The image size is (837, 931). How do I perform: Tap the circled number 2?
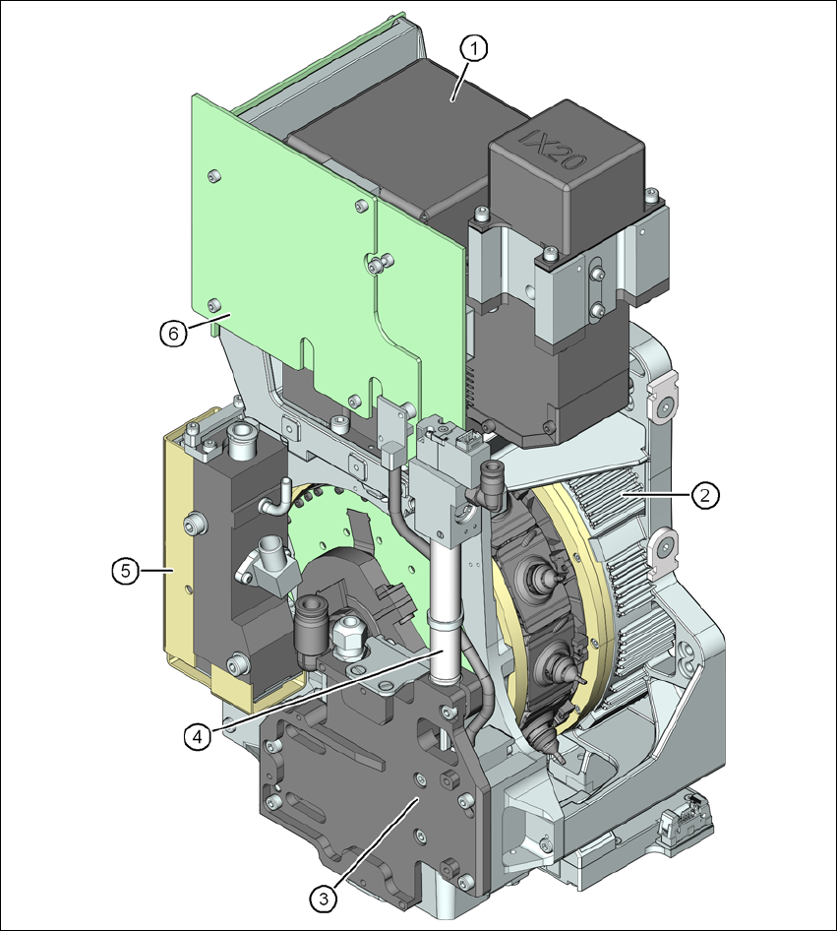tap(704, 495)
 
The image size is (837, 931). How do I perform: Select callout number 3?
tap(324, 899)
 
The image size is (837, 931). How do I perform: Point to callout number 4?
tap(197, 736)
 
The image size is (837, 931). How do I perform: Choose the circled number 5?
tap(126, 571)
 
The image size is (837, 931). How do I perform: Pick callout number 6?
tap(173, 334)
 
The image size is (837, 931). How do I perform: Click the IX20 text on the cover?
tap(553, 149)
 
